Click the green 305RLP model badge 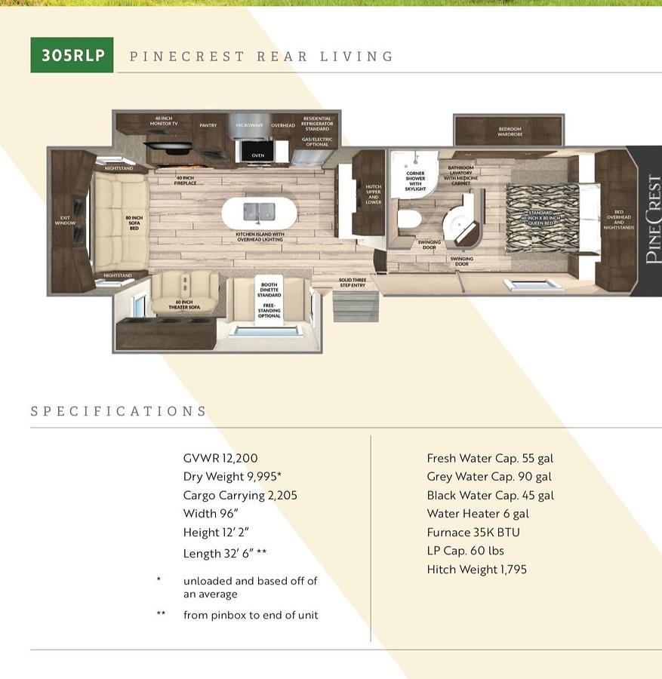(72, 55)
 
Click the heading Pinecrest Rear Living (261, 57)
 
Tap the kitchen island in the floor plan (259, 213)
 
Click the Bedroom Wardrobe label (510, 132)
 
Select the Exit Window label (65, 220)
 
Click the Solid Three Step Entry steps (353, 301)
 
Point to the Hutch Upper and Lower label (373, 194)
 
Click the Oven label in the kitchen (258, 155)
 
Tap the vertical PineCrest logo (652, 220)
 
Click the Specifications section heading (119, 411)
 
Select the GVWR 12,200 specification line (219, 458)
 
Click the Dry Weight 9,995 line (232, 477)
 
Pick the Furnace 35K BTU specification (473, 532)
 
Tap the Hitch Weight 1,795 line (476, 569)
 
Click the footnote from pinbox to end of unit (251, 615)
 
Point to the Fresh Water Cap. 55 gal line (490, 458)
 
